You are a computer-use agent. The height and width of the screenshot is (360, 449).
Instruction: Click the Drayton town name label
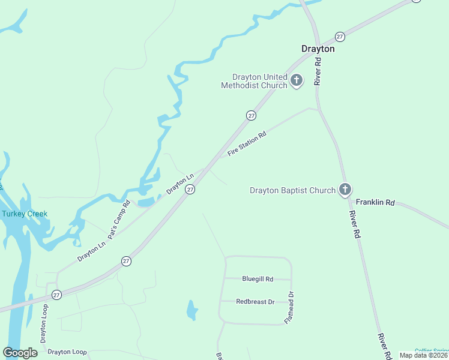(318, 49)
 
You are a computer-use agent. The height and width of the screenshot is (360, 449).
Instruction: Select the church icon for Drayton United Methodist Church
(297, 80)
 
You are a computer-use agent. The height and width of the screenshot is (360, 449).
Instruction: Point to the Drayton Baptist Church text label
(292, 191)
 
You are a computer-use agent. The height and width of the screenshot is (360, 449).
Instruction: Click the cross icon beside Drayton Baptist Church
(345, 190)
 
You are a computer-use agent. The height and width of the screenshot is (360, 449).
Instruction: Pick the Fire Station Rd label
(247, 145)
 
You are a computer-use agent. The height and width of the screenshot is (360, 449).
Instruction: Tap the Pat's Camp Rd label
(119, 219)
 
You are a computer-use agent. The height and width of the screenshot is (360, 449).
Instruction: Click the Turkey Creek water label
(24, 214)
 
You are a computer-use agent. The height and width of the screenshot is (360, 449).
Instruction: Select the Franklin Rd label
(375, 203)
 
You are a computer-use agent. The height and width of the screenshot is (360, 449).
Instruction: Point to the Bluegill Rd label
(258, 279)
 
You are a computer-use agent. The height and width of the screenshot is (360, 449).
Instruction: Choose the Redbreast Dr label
(255, 302)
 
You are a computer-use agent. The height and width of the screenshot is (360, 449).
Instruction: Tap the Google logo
(20, 353)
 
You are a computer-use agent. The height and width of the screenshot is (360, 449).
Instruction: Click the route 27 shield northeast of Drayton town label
(340, 36)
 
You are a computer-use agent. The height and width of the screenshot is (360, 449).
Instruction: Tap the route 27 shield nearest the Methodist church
(252, 115)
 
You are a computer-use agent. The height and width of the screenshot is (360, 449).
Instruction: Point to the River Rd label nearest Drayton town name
(318, 71)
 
